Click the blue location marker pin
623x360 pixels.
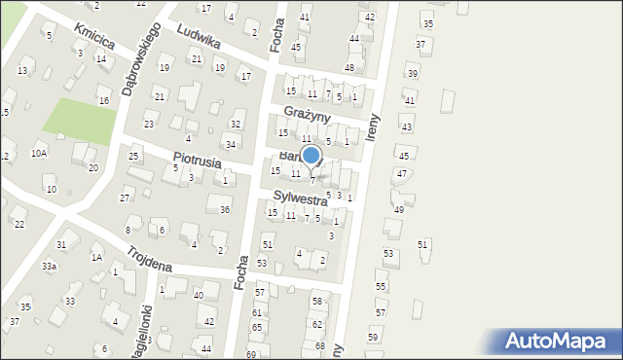pos(311,157)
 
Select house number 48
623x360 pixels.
pos(349,67)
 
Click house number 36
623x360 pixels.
pos(225,210)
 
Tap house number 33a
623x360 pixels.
pos(49,266)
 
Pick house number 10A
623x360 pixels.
pos(38,153)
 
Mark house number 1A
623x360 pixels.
pos(96,257)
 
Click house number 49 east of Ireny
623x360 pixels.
pos(398,210)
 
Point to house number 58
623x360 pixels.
pos(317,303)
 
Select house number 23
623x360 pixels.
pos(149,125)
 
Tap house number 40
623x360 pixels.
pos(199,295)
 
